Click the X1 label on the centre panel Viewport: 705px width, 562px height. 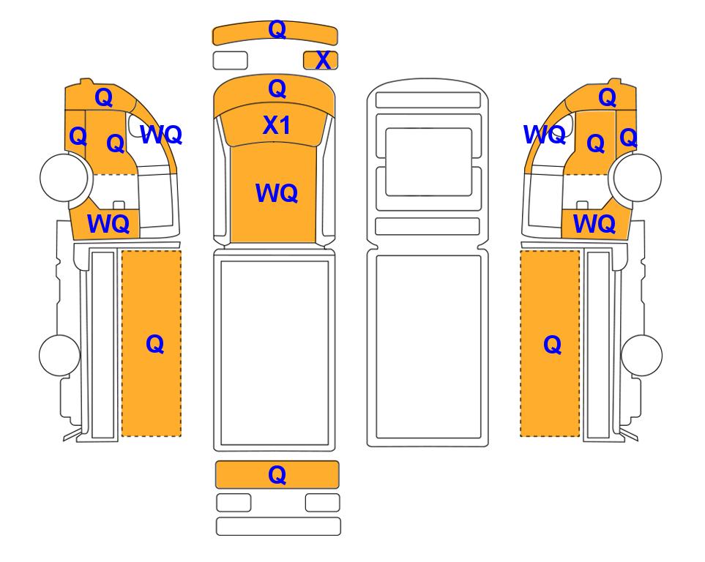click(x=276, y=124)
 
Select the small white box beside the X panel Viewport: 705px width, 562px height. click(x=230, y=60)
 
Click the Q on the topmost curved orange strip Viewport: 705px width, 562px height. click(x=277, y=30)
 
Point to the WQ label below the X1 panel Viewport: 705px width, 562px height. click(x=277, y=193)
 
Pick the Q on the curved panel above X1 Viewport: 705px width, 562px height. click(x=277, y=89)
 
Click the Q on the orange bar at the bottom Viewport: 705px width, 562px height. click(x=277, y=475)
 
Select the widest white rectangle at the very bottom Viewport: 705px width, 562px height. click(x=278, y=526)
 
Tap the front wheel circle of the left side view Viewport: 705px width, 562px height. click(x=64, y=177)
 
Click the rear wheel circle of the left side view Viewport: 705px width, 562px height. click(x=60, y=355)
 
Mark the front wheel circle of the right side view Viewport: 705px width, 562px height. click(x=638, y=177)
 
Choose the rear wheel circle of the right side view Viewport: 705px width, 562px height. click(x=641, y=355)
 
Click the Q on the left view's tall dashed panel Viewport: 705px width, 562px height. click(x=154, y=345)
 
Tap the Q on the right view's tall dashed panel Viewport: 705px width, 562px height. click(x=553, y=345)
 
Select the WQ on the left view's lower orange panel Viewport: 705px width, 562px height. click(x=108, y=223)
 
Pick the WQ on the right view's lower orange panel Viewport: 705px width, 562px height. click(x=594, y=223)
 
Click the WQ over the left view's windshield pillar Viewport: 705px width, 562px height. click(x=161, y=135)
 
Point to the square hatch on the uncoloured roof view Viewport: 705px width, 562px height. click(x=428, y=162)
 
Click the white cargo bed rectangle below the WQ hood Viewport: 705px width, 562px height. click(x=275, y=353)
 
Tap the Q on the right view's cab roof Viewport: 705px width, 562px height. click(x=607, y=97)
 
